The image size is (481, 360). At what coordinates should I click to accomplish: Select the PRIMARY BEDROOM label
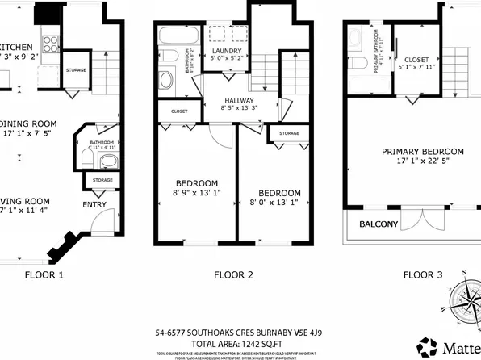[x=423, y=151]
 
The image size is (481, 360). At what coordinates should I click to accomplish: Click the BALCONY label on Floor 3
[x=379, y=224]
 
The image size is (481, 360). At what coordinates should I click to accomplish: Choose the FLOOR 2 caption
[x=234, y=274]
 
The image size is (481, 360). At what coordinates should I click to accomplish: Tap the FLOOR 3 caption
[x=423, y=274]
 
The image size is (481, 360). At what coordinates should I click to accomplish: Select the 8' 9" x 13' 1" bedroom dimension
[x=196, y=192]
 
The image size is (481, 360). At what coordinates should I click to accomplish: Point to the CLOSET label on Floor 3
[x=416, y=59]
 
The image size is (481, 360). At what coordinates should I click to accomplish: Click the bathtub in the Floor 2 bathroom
[x=174, y=36]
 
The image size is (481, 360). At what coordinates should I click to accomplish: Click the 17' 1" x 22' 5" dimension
[x=423, y=162]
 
